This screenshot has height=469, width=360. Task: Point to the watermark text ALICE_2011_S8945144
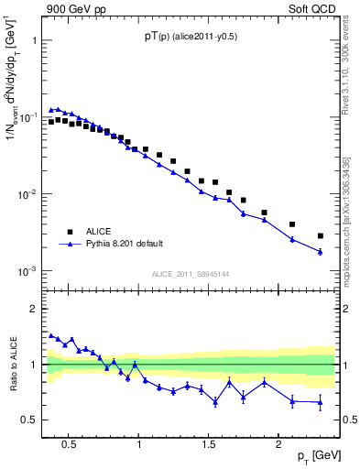(x=190, y=274)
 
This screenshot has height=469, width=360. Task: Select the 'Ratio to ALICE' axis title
(x=12, y=365)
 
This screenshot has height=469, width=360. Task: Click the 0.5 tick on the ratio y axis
(x=30, y=420)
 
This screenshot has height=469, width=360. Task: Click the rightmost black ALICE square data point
(x=320, y=235)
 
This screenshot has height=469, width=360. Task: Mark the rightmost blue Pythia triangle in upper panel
(x=320, y=251)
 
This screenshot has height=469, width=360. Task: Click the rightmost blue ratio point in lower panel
(x=320, y=402)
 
